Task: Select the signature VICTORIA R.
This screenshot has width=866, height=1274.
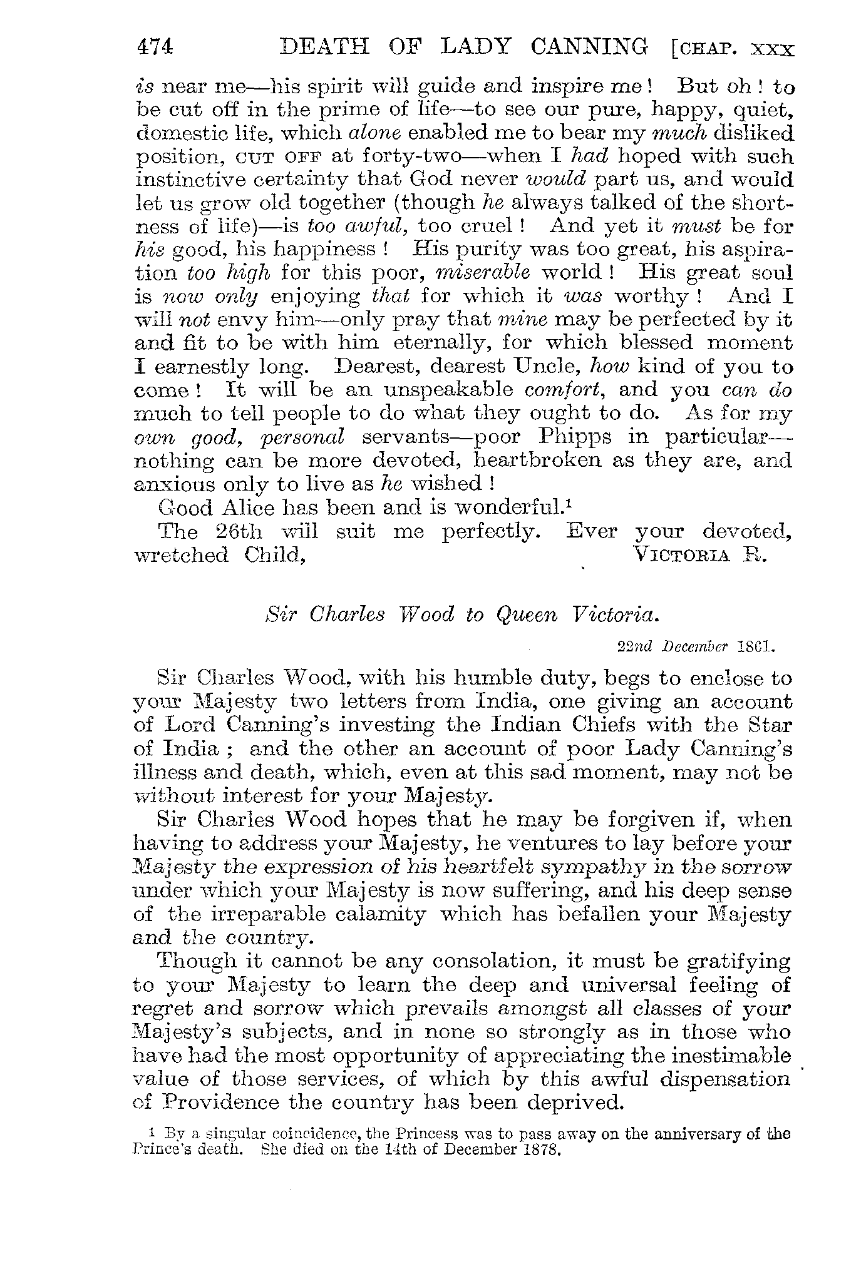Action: [700, 554]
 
